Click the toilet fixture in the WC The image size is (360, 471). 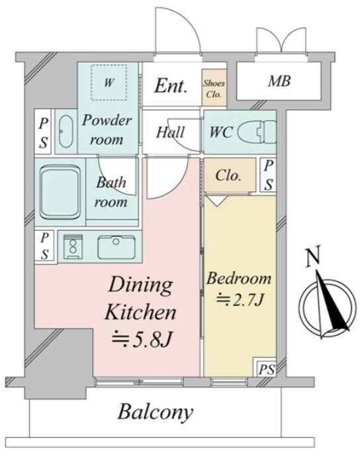point(257,132)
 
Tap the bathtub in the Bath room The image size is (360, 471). point(60,193)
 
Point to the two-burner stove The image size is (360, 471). point(73,247)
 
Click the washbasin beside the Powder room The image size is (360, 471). point(66,132)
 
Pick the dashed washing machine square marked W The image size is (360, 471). point(109,82)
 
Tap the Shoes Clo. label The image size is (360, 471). point(214,89)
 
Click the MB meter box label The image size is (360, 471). point(279,81)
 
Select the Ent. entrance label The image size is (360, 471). point(171,86)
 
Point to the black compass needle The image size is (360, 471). point(332,304)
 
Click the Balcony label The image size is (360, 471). point(155,412)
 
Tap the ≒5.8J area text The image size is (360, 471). point(142,340)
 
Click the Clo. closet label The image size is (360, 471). point(228,176)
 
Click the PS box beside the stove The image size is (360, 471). point(44,246)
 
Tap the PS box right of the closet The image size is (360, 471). point(269,175)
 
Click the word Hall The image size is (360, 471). point(170,132)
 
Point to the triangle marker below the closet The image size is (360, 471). point(217,200)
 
